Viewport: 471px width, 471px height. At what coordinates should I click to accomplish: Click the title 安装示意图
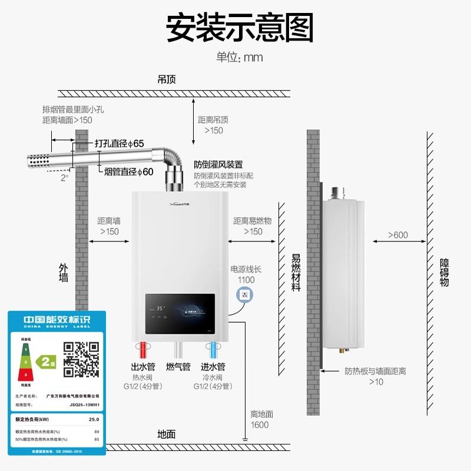(x=239, y=28)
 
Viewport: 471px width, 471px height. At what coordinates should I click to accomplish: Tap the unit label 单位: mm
(x=239, y=57)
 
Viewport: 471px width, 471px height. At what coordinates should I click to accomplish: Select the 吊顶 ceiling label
(x=167, y=79)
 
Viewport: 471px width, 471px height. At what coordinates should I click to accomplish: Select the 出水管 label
(x=142, y=367)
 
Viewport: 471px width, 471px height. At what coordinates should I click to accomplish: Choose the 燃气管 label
(x=178, y=367)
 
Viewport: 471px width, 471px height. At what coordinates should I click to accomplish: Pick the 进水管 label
(x=213, y=367)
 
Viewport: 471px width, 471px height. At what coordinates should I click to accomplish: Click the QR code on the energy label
(x=81, y=359)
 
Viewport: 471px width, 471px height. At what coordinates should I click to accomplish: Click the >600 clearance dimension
(x=397, y=235)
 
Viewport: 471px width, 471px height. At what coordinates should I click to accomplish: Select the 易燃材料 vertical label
(x=296, y=273)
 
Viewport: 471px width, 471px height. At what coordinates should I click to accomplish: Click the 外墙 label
(x=64, y=273)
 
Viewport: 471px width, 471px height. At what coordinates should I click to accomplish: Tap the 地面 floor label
(x=167, y=434)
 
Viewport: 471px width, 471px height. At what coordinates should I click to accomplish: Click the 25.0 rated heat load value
(x=93, y=420)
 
